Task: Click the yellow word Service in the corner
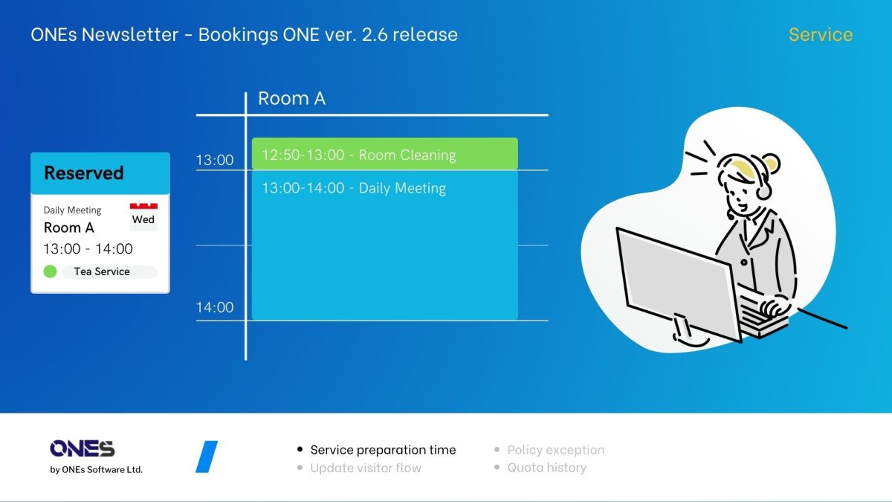[821, 35]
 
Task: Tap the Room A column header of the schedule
[292, 98]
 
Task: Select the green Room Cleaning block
[385, 154]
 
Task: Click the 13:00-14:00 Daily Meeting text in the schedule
[354, 188]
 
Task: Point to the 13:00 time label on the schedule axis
[215, 160]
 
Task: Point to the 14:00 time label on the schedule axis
[215, 308]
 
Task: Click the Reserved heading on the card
[83, 173]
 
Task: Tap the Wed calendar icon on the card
[143, 217]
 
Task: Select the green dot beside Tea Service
[51, 271]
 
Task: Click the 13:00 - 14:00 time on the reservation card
[88, 249]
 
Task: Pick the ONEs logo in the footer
[83, 448]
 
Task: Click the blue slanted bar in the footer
[207, 457]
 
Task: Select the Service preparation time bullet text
[383, 450]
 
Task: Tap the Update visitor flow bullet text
[366, 468]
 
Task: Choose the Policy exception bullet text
[555, 450]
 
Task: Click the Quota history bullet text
[547, 467]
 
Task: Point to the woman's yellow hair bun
[771, 164]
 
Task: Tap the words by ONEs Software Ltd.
[96, 470]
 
